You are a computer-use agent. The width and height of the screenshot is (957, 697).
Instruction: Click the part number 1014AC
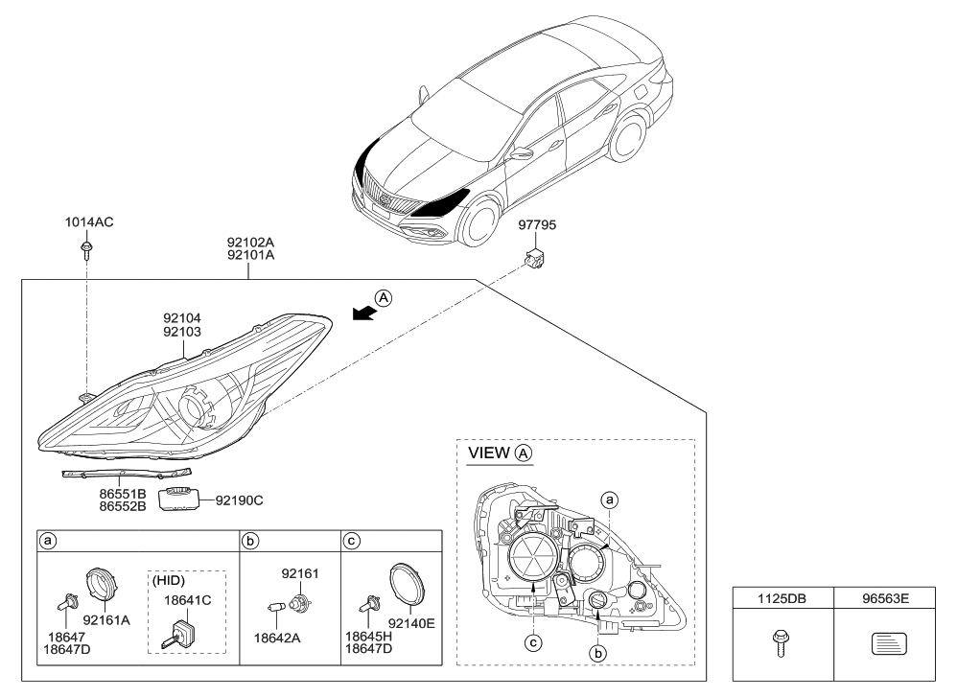(89, 222)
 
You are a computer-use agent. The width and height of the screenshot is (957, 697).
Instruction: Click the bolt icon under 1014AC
(86, 251)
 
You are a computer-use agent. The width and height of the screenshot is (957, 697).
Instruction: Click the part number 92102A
(250, 243)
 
